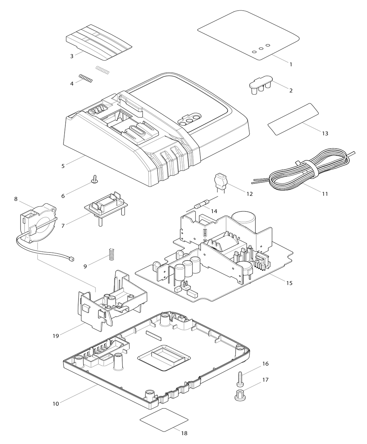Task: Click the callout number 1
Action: tap(291, 64)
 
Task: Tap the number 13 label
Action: tap(325, 133)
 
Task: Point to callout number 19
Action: tap(56, 335)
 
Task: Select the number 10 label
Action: tap(56, 404)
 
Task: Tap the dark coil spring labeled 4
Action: tap(86, 79)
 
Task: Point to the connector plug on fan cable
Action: tap(71, 259)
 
